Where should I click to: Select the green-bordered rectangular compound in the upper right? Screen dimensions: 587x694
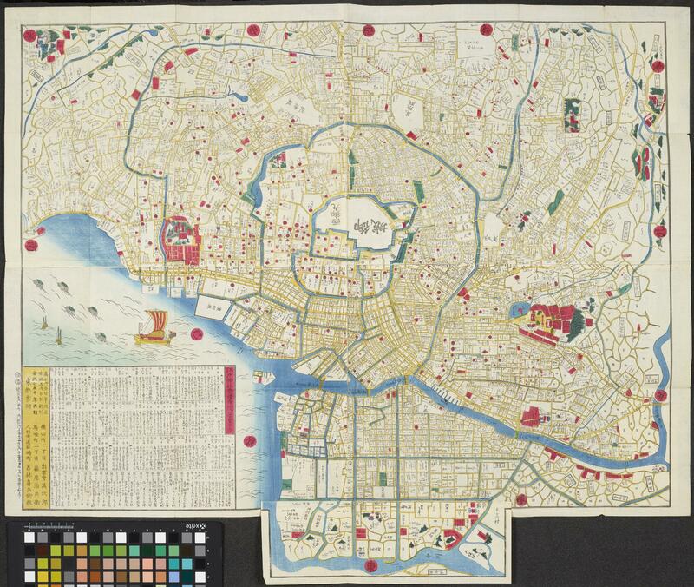tap(573, 113)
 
